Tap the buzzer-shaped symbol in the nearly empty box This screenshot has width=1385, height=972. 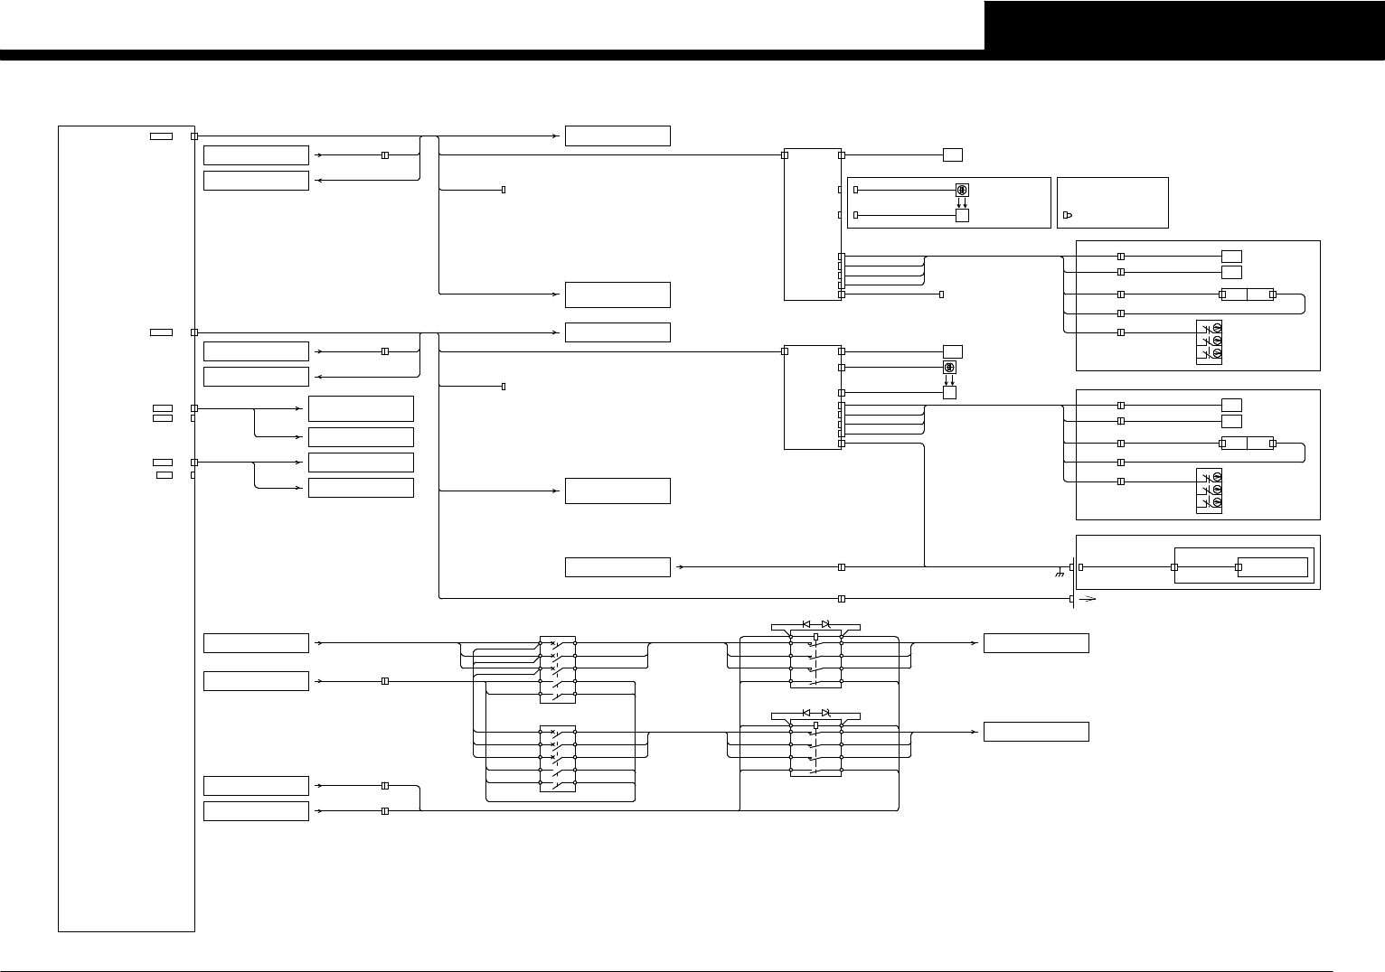coord(1068,215)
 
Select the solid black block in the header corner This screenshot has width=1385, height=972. coord(1183,25)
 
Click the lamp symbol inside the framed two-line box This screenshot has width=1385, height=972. coord(962,190)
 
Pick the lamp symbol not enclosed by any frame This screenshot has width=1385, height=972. coord(949,368)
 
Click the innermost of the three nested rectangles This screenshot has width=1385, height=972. coord(1272,567)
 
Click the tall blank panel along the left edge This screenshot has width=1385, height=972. coord(127,528)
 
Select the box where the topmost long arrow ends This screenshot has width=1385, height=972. coord(617,136)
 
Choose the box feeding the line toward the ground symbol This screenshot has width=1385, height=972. coord(617,567)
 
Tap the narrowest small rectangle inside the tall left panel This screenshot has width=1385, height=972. coord(165,474)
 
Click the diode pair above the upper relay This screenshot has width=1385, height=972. coord(815,624)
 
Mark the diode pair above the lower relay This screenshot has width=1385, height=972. coord(815,713)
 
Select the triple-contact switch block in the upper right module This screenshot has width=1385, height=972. coord(1210,341)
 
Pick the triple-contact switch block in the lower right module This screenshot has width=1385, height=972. coord(1210,491)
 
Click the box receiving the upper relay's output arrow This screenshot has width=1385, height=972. coord(1036,643)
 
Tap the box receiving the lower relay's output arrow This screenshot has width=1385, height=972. coord(1036,732)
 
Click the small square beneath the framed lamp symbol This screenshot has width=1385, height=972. coord(962,215)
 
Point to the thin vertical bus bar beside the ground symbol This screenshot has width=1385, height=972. coord(1073,583)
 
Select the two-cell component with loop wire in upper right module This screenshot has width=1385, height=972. coord(1247,294)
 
